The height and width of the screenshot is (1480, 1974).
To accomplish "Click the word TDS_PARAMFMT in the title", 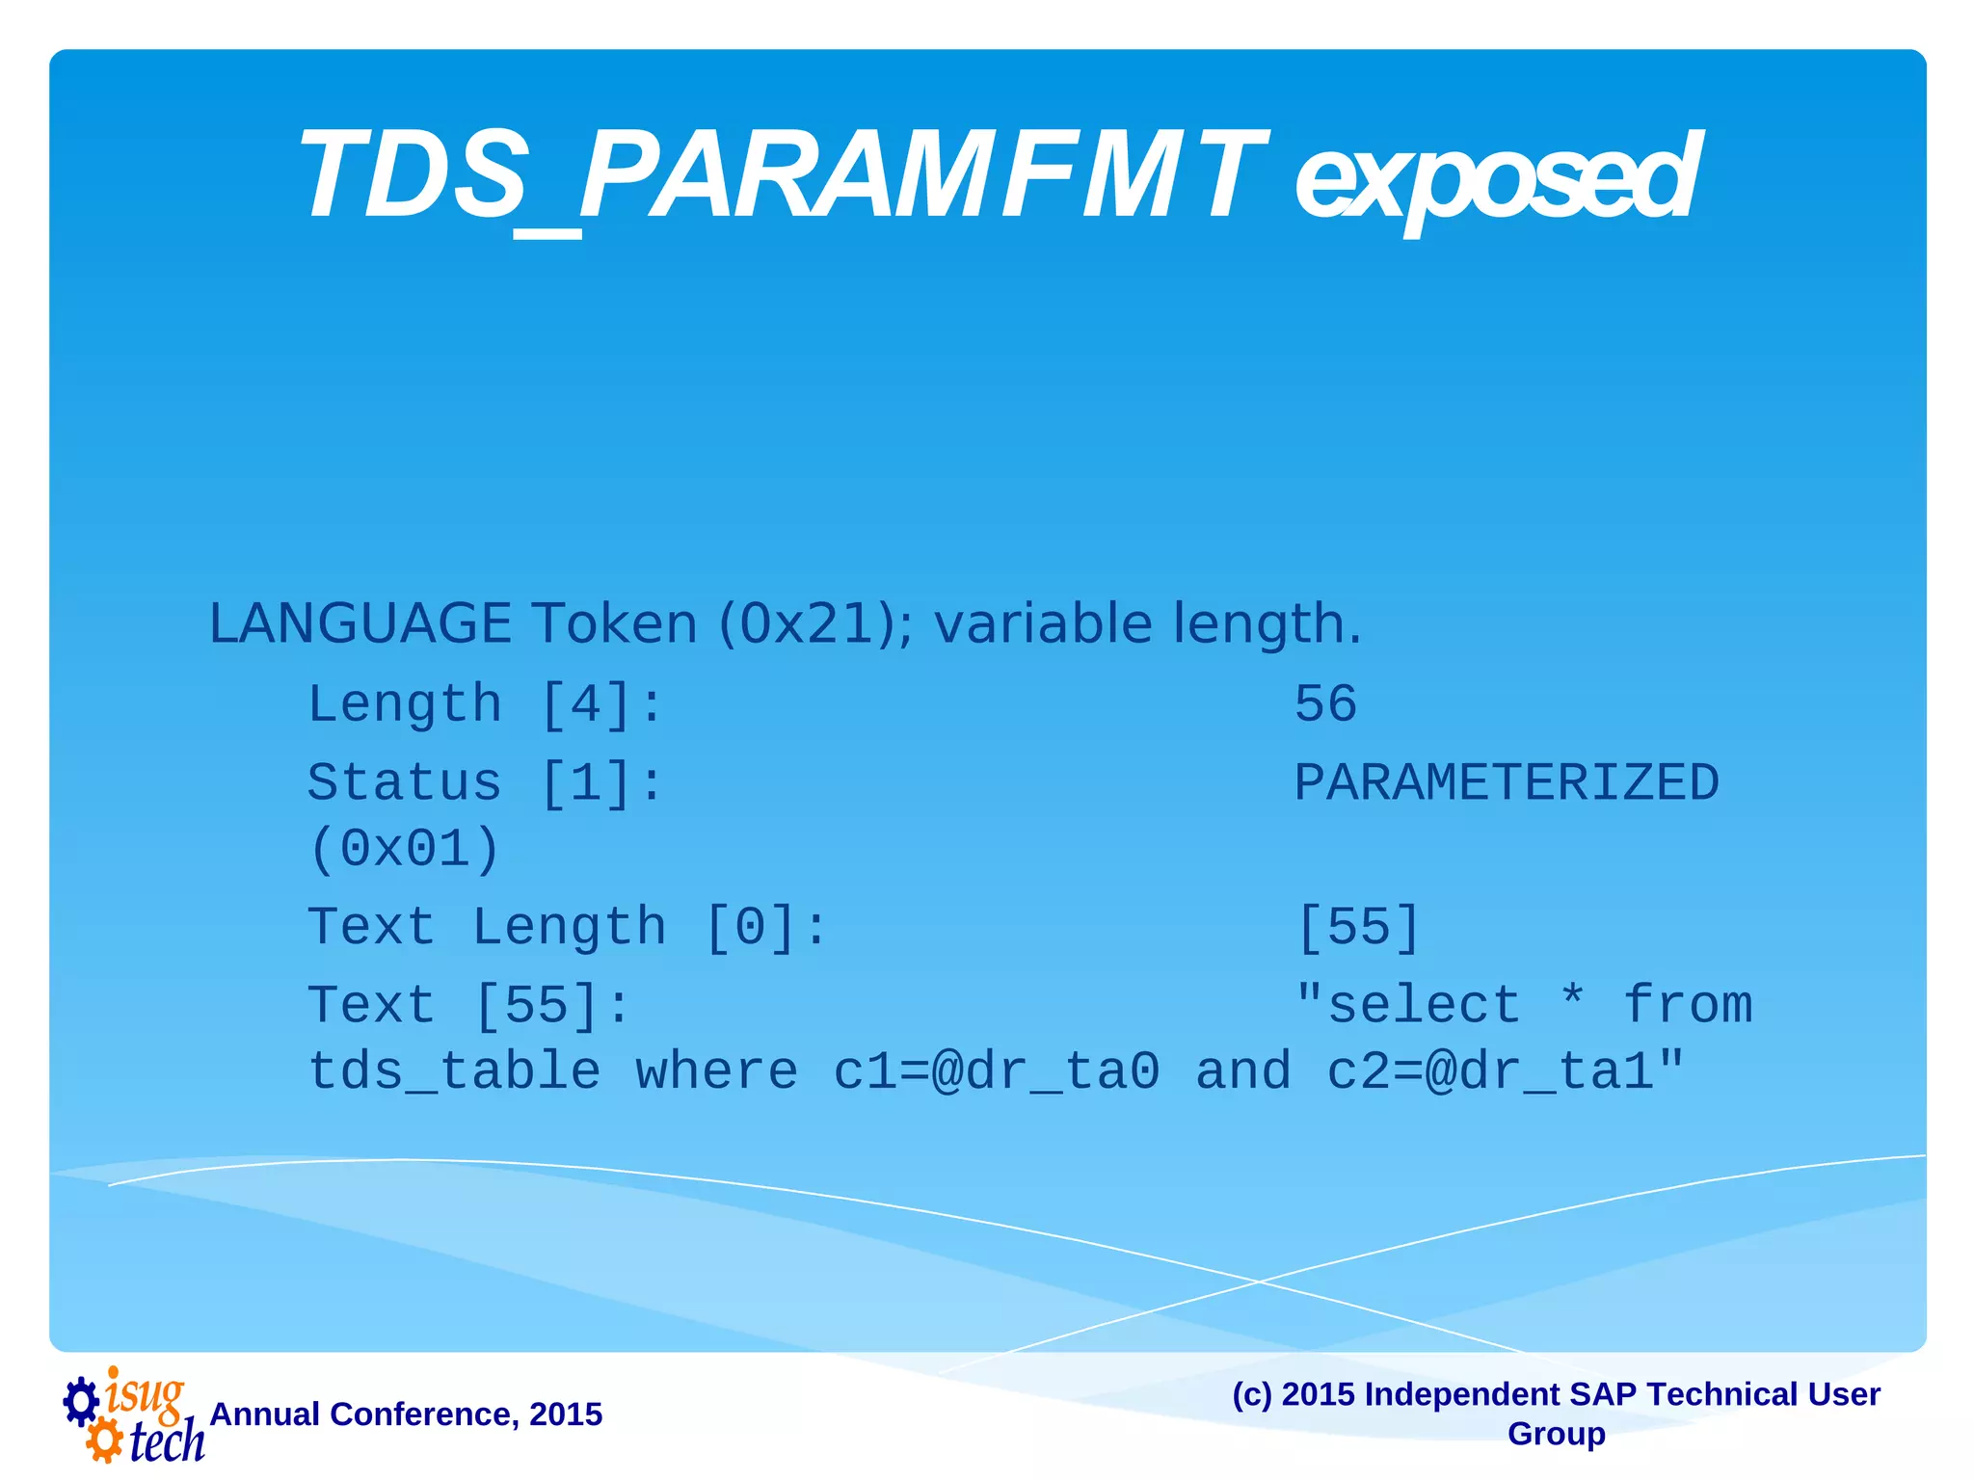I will (x=781, y=178).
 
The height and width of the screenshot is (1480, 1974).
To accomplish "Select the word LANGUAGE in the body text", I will (x=360, y=623).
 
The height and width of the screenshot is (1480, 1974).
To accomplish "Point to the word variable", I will (x=1043, y=623).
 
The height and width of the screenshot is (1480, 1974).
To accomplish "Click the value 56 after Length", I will (x=1325, y=703).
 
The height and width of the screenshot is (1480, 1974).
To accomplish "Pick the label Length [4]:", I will (x=485, y=703).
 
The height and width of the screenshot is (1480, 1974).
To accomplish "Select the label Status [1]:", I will (x=485, y=782).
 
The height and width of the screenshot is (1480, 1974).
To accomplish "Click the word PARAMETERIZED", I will (x=1506, y=782).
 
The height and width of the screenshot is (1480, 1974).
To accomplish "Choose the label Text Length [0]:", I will (x=568, y=928).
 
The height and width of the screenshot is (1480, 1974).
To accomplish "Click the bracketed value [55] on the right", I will (x=1358, y=928).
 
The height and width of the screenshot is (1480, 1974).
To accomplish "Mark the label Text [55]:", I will (x=468, y=1006).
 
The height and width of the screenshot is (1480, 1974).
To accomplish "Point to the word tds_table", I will (x=454, y=1072).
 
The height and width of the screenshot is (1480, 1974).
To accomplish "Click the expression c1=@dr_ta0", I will (x=996, y=1072).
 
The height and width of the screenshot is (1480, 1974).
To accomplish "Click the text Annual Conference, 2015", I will (x=406, y=1414).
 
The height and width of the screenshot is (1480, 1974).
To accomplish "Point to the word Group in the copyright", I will (x=1556, y=1434).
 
